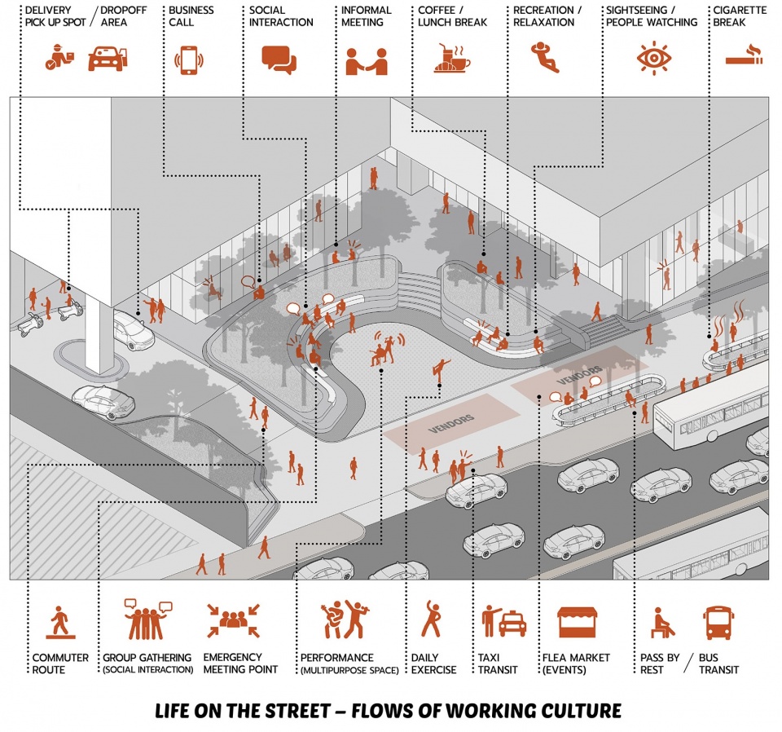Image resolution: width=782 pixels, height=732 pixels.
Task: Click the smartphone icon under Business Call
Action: click(x=188, y=60)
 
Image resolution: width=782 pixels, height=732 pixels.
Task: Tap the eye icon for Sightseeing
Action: click(x=653, y=59)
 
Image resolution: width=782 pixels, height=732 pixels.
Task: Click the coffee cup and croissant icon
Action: click(x=452, y=59)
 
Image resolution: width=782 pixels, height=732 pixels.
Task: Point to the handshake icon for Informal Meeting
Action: click(x=367, y=61)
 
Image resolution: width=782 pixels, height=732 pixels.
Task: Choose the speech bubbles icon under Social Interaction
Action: click(x=279, y=60)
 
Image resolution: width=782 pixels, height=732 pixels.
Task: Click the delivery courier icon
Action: click(x=59, y=57)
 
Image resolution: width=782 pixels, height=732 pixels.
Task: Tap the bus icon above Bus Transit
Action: click(x=718, y=623)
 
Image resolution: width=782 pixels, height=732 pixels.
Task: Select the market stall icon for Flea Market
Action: click(x=577, y=622)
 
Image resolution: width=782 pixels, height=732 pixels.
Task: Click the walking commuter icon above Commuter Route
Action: click(x=60, y=623)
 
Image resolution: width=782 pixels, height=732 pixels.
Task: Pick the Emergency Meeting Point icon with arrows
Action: click(x=234, y=620)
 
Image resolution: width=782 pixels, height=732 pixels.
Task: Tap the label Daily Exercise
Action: click(x=433, y=664)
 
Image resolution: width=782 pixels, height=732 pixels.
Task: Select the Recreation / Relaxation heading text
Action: click(x=547, y=16)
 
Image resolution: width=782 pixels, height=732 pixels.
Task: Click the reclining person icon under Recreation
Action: click(x=545, y=57)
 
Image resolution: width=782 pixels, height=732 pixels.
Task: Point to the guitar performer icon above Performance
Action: click(x=344, y=620)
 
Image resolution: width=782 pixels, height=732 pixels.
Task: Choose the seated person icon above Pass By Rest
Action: click(x=662, y=623)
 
